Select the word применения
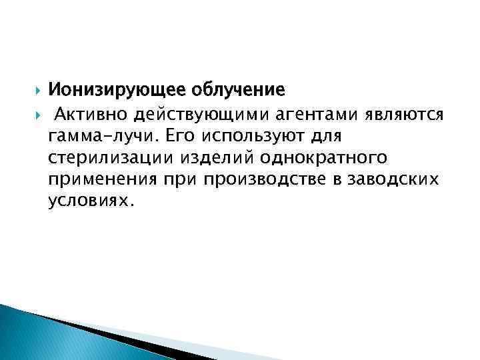pyautogui.click(x=102, y=180)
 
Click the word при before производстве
pyautogui.click(x=180, y=180)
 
